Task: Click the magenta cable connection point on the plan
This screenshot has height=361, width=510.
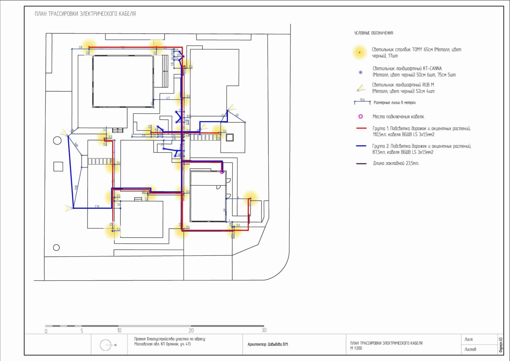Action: [222, 172]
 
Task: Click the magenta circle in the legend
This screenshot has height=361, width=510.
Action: [360, 116]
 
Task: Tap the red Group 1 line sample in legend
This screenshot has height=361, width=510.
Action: [361, 128]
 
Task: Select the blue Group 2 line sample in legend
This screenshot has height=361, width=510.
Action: [361, 146]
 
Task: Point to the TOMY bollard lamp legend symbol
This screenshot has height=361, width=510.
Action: [360, 52]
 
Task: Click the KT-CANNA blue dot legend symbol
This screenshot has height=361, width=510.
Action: [360, 72]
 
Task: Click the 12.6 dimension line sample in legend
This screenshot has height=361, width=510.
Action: [362, 102]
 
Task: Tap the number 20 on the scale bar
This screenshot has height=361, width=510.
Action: [191, 330]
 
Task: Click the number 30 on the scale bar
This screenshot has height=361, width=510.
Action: [264, 330]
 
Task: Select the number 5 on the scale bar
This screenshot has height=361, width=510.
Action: [82, 331]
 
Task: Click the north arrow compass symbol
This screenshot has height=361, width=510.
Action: [106, 345]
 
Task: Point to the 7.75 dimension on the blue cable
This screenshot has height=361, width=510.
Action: [97, 207]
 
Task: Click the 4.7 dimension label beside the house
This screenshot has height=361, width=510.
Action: [168, 98]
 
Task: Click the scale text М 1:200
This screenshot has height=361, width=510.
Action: [356, 348]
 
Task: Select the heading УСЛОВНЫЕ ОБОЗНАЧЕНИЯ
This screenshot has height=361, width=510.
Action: [374, 33]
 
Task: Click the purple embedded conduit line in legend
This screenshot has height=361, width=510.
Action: [361, 163]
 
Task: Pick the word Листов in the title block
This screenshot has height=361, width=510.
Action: [470, 349]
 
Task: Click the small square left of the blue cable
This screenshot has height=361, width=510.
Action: [58, 166]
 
